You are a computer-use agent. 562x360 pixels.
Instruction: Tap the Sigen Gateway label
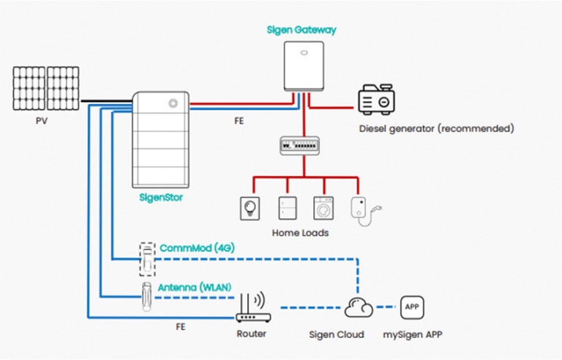[302, 30]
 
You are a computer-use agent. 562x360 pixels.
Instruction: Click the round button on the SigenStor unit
[173, 103]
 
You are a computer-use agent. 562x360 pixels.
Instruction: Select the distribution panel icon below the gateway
[302, 146]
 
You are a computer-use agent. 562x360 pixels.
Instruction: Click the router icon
[252, 310]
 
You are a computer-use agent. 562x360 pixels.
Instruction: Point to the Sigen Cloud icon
[359, 308]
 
